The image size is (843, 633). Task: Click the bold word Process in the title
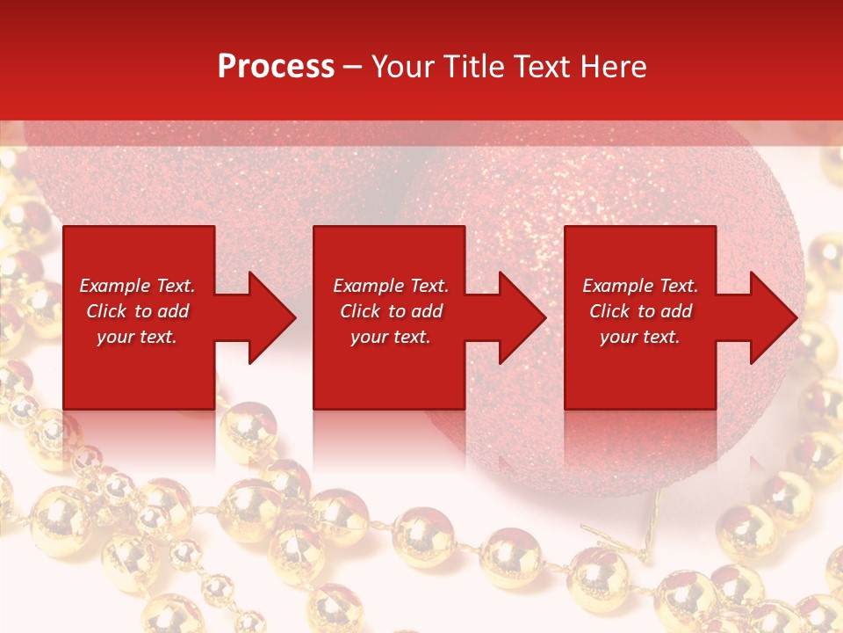[276, 67]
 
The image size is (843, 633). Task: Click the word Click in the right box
[610, 311]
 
